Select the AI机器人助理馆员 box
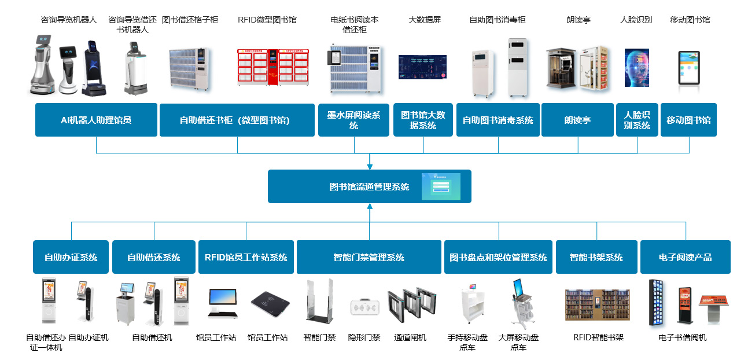coord(96,120)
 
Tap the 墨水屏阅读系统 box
coord(353,120)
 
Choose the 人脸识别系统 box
coord(637,120)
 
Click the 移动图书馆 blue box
coord(688,120)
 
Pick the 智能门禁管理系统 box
coord(369,257)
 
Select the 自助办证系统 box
coord(71,257)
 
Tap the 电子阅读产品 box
coord(685,257)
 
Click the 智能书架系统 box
coord(596,257)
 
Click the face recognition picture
coord(636,68)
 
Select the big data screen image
coord(422,67)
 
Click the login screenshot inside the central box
coord(441,186)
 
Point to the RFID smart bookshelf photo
coord(598,305)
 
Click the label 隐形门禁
coord(364,337)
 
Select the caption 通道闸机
coord(410,337)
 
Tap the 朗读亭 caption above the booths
coord(578,20)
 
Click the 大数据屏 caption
coord(425,20)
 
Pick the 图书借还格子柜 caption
coord(190,20)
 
